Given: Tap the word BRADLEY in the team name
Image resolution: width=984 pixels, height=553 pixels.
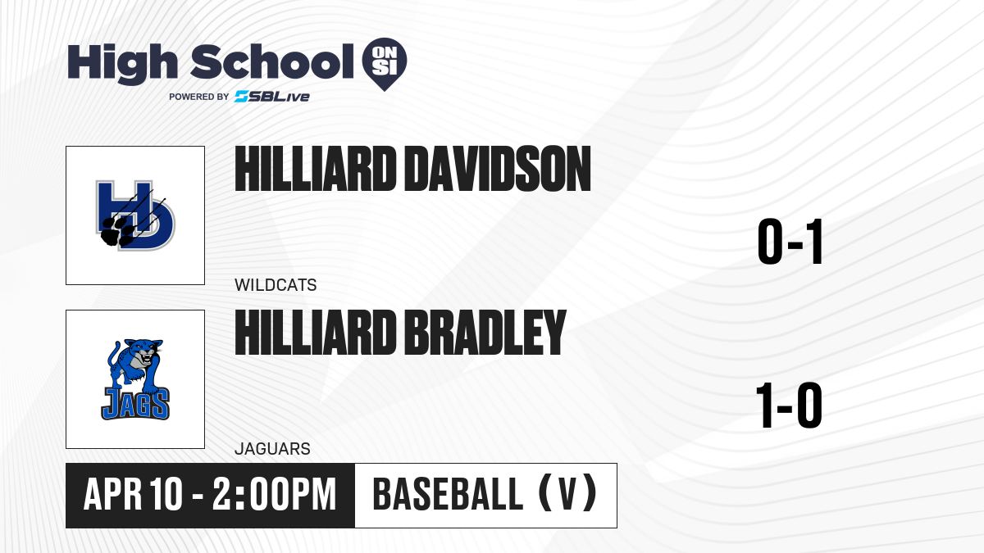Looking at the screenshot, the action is pos(485,333).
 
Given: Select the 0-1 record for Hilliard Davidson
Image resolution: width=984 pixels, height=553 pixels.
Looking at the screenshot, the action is pos(790,242).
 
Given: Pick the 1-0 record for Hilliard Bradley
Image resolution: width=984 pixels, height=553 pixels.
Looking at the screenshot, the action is pos(789,405).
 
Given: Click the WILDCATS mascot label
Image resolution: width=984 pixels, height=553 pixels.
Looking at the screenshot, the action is pos(276,285).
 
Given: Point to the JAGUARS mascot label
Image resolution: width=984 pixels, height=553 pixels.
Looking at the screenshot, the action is pos(272,449).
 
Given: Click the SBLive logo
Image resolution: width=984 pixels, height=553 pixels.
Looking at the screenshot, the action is pos(272,97).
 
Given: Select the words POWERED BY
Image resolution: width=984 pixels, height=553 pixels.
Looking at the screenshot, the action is pos(199,97).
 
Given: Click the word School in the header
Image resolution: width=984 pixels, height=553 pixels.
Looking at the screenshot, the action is pos(272,62).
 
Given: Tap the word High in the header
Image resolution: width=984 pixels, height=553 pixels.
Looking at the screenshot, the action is pos(122,64).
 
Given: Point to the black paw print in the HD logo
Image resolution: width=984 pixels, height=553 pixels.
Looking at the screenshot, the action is pos(116,231).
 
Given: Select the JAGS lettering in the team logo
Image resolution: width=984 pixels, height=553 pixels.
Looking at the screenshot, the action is pos(135,403).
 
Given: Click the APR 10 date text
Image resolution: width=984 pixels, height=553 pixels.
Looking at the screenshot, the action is pos(133,495).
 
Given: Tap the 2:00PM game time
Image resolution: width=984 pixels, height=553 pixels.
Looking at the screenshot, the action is pos(275,495).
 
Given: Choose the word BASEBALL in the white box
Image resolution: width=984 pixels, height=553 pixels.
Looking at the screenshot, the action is pos(448,495).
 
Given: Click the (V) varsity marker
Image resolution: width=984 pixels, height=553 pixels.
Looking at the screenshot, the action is pos(567,495).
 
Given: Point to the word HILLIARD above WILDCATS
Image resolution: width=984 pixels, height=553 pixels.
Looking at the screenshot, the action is pos(316,169).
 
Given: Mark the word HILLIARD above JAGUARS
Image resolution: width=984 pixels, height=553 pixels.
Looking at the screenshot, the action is pos(316,333).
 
